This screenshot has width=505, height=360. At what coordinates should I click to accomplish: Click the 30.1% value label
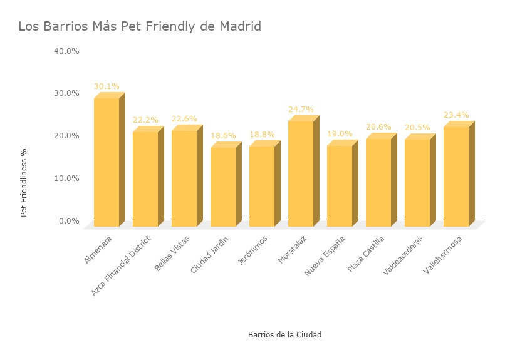[x=107, y=86]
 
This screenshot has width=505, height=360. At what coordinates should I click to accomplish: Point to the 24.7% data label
[x=301, y=110]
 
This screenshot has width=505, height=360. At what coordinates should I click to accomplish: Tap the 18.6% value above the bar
[x=223, y=135]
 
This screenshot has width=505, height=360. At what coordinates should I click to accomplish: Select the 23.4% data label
[x=456, y=115]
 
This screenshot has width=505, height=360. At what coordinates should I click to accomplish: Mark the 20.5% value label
[x=417, y=128]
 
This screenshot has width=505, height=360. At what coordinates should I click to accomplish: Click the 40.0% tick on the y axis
[x=67, y=51]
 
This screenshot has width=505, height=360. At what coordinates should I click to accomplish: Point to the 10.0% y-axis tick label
[x=67, y=178]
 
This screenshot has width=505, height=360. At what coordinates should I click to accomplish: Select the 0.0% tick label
[x=69, y=221]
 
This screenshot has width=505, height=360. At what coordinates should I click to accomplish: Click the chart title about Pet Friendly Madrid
[x=139, y=27]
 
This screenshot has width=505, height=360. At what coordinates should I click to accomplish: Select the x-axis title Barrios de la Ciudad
[x=284, y=335]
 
